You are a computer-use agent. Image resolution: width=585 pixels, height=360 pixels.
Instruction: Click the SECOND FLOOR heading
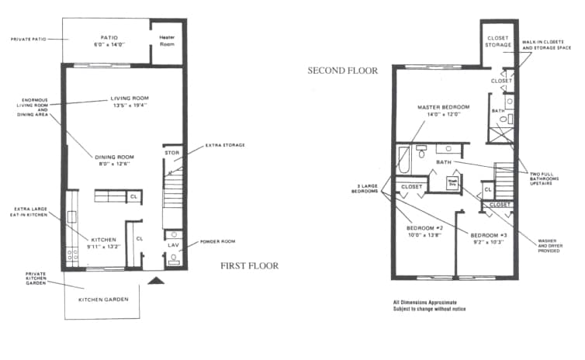point(342,71)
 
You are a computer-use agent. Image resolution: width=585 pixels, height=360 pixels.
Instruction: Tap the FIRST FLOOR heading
point(249,265)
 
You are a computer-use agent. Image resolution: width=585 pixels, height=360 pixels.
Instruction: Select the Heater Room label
point(167,40)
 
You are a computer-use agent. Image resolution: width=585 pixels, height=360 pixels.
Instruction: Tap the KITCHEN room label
point(103,240)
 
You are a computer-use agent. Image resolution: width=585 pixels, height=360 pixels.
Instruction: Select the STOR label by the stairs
point(171,153)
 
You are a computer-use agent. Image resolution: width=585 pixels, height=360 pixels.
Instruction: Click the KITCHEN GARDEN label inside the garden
point(102,298)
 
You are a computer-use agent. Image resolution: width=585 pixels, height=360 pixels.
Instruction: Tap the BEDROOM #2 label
point(424,228)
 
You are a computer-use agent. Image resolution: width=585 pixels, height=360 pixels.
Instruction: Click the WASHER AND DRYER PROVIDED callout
point(554,244)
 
